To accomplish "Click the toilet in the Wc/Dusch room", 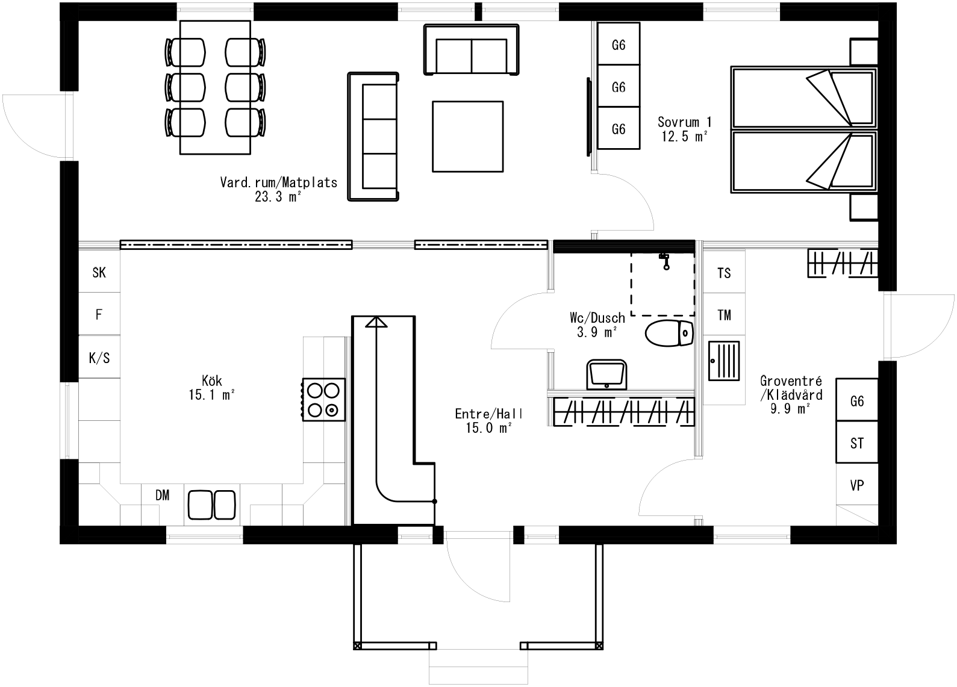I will click(669, 334).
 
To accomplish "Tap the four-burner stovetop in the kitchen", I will click(323, 400).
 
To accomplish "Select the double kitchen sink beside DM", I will click(211, 505).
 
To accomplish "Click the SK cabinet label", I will click(99, 273).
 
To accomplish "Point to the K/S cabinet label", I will click(99, 358).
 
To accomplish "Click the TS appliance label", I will click(724, 273).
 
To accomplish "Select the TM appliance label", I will click(724, 315).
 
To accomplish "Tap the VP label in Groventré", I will click(856, 485).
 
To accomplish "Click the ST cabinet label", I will click(856, 444).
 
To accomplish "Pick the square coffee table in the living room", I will click(467, 136).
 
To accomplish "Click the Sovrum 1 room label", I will click(684, 122).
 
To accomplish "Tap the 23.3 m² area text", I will click(278, 197).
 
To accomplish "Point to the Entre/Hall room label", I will click(488, 414).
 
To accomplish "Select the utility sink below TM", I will click(724, 361).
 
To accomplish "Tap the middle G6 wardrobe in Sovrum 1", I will click(618, 87).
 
